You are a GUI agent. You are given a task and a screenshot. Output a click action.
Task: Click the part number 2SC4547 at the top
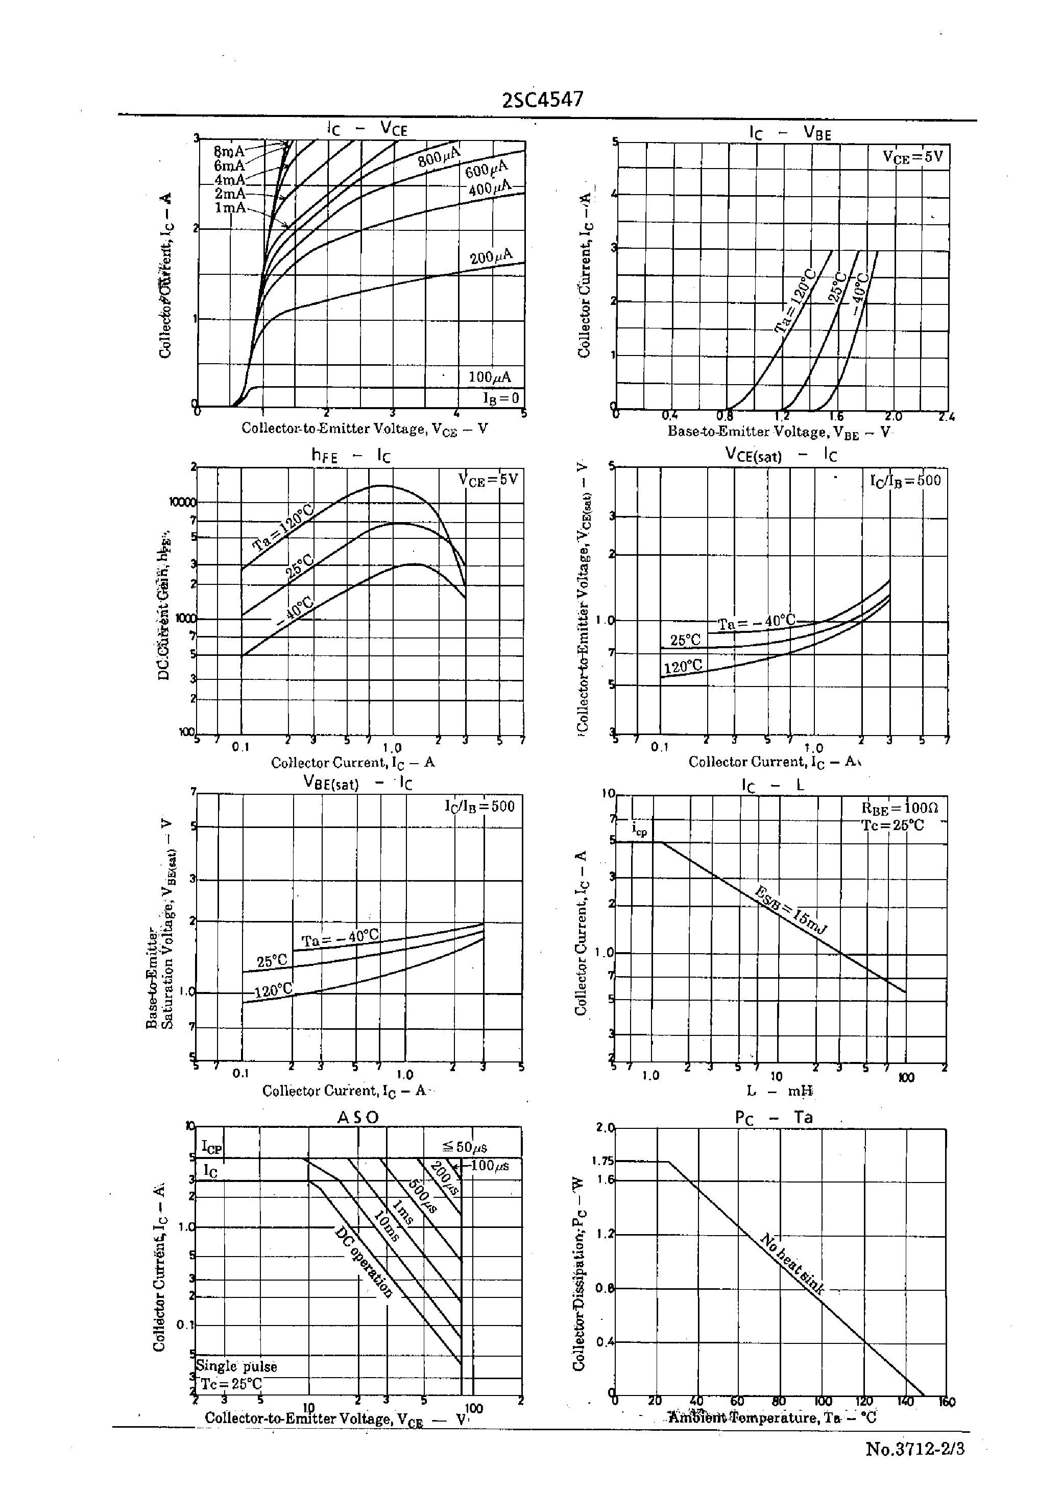[542, 100]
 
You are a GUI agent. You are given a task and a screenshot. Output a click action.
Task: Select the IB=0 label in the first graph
[501, 398]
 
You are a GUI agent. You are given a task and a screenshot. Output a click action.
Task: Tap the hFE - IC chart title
[351, 456]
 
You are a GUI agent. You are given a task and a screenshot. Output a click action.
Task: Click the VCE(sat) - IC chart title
[781, 455]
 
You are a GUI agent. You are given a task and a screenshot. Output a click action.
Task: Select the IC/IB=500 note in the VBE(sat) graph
[480, 806]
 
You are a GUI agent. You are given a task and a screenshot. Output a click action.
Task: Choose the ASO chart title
[358, 1117]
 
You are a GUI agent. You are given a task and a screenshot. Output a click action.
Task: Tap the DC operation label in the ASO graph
[364, 1262]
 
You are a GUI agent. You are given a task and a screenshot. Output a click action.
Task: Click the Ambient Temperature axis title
[771, 1417]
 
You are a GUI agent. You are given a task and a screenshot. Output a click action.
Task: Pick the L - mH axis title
[780, 1091]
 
